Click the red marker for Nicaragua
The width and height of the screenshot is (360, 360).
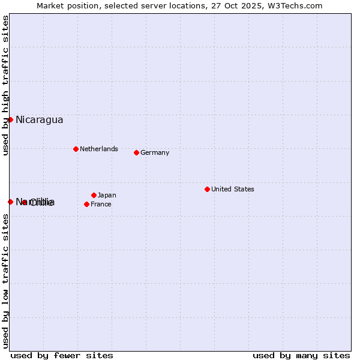10,119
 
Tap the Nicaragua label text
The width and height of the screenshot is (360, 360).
39,119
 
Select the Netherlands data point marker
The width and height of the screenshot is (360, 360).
76,149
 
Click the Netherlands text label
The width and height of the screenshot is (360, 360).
99,149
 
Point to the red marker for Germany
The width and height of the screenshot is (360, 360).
136,152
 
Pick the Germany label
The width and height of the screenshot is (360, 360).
155,152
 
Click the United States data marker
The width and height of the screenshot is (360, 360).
207,189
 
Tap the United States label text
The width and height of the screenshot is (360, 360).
233,189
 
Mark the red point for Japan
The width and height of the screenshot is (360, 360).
94,195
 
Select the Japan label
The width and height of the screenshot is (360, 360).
107,195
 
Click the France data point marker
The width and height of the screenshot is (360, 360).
86,204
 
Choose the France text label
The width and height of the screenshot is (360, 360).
101,204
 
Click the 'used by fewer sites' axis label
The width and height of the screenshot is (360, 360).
62,355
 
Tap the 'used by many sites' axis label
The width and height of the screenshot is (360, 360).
301,355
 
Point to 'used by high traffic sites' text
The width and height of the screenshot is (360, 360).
6,85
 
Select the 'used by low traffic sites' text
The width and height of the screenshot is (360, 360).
6,280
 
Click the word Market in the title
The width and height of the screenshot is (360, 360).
50,6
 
